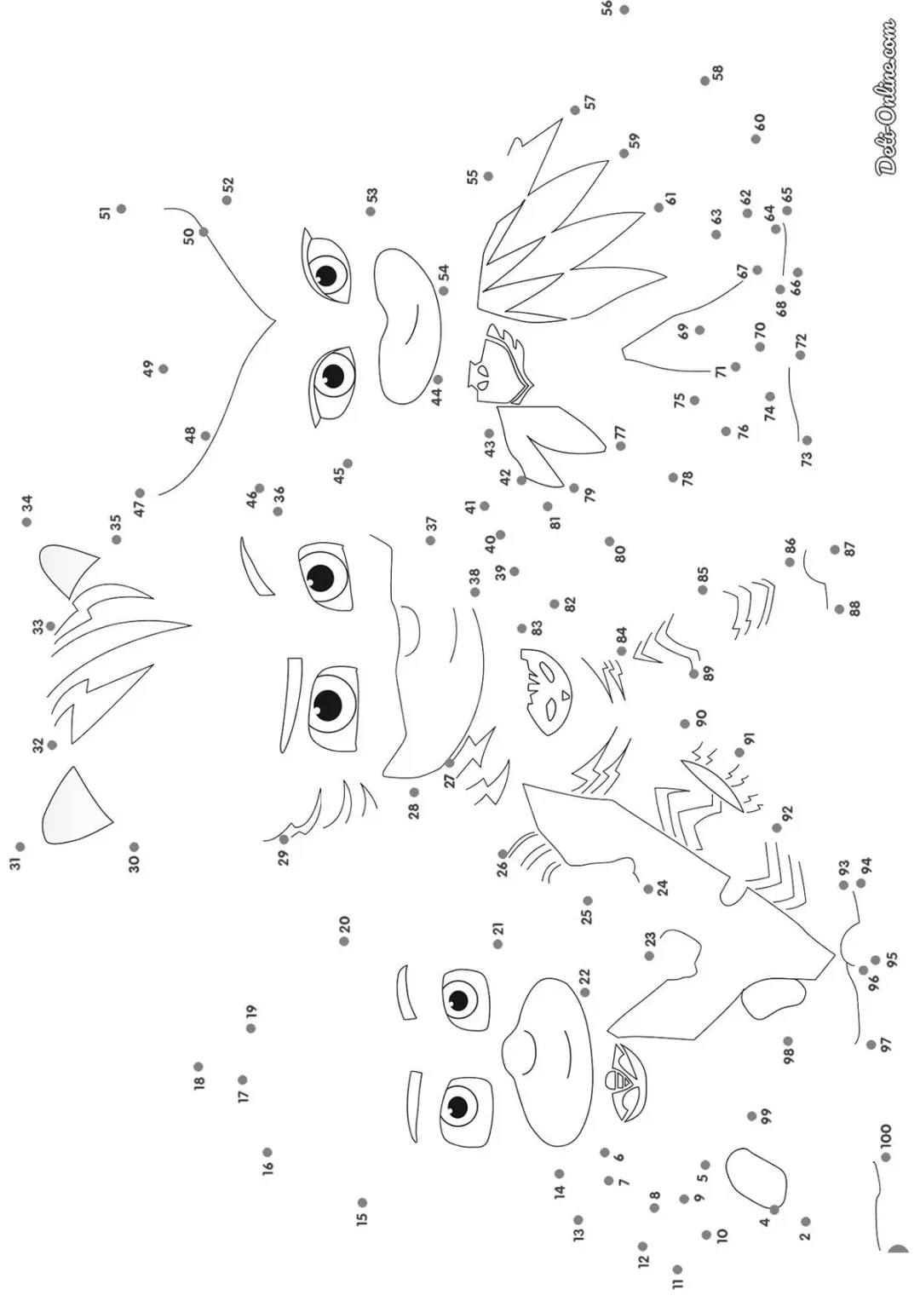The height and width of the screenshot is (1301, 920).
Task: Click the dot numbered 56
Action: click(x=624, y=9)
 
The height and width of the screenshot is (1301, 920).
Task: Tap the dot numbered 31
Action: click(x=20, y=846)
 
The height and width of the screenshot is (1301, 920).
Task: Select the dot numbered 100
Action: click(x=886, y=1158)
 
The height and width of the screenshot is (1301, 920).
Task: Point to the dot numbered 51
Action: click(x=121, y=209)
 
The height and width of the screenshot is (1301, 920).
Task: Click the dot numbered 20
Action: click(x=344, y=941)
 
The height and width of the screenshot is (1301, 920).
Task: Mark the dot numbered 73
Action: click(x=808, y=440)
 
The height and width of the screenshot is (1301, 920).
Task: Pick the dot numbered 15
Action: click(x=362, y=1202)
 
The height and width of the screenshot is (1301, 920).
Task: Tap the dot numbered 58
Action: click(x=705, y=81)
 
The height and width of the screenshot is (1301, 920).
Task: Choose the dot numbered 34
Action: click(x=26, y=522)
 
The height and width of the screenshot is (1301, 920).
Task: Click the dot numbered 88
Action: click(x=839, y=609)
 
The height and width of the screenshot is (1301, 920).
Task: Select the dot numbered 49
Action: click(x=164, y=369)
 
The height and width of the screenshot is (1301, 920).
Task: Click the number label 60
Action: click(x=759, y=122)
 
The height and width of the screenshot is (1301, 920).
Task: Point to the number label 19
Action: click(x=251, y=1012)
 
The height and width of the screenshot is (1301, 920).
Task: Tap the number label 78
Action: click(x=687, y=479)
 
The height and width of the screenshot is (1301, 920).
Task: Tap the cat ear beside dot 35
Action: click(x=66, y=569)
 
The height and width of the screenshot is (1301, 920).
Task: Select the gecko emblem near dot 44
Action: click(x=501, y=365)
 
